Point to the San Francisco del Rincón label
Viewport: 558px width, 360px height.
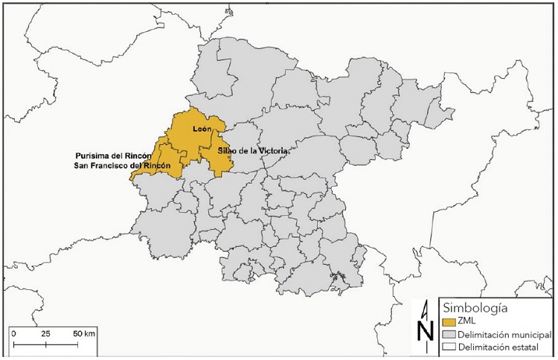[121, 164]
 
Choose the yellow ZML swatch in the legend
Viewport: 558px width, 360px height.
[448, 322]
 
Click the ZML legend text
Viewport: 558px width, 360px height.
[467, 322]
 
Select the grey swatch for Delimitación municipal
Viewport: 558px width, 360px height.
[448, 335]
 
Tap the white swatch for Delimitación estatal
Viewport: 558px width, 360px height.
[448, 347]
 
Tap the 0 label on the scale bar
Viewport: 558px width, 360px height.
[14, 333]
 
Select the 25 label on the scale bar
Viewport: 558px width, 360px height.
[45, 333]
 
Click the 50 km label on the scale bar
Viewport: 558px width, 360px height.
[84, 333]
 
